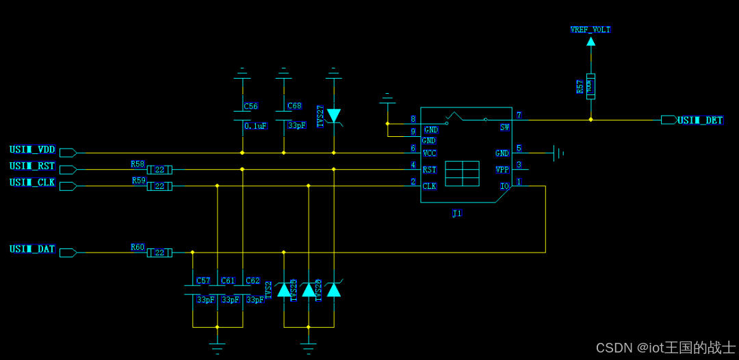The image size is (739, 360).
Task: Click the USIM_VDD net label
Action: click(x=32, y=150)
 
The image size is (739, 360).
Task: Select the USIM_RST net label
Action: click(x=32, y=166)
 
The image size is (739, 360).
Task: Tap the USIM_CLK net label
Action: click(x=32, y=183)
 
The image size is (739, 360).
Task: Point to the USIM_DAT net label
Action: click(x=32, y=249)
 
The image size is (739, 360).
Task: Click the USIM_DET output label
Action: click(x=700, y=120)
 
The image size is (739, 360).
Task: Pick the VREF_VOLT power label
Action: click(x=591, y=30)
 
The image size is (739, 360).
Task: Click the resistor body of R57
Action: click(x=591, y=86)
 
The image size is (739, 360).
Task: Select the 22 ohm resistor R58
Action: click(x=159, y=170)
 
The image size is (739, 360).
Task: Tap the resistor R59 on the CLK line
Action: click(x=159, y=186)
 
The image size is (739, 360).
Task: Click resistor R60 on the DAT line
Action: click(x=159, y=253)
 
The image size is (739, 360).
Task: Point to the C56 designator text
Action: click(x=251, y=107)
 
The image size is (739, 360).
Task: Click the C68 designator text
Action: click(x=294, y=106)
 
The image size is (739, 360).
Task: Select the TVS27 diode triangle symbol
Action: click(x=333, y=115)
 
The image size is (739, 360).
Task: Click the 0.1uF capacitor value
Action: click(x=255, y=126)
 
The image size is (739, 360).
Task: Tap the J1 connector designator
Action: click(x=457, y=214)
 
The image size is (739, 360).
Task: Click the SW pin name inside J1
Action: click(x=504, y=127)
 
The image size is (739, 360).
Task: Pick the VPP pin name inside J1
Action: click(x=503, y=170)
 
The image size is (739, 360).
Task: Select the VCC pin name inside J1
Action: click(x=430, y=153)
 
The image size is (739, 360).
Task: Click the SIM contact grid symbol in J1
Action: click(x=462, y=174)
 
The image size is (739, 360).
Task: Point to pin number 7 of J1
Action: click(x=519, y=116)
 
